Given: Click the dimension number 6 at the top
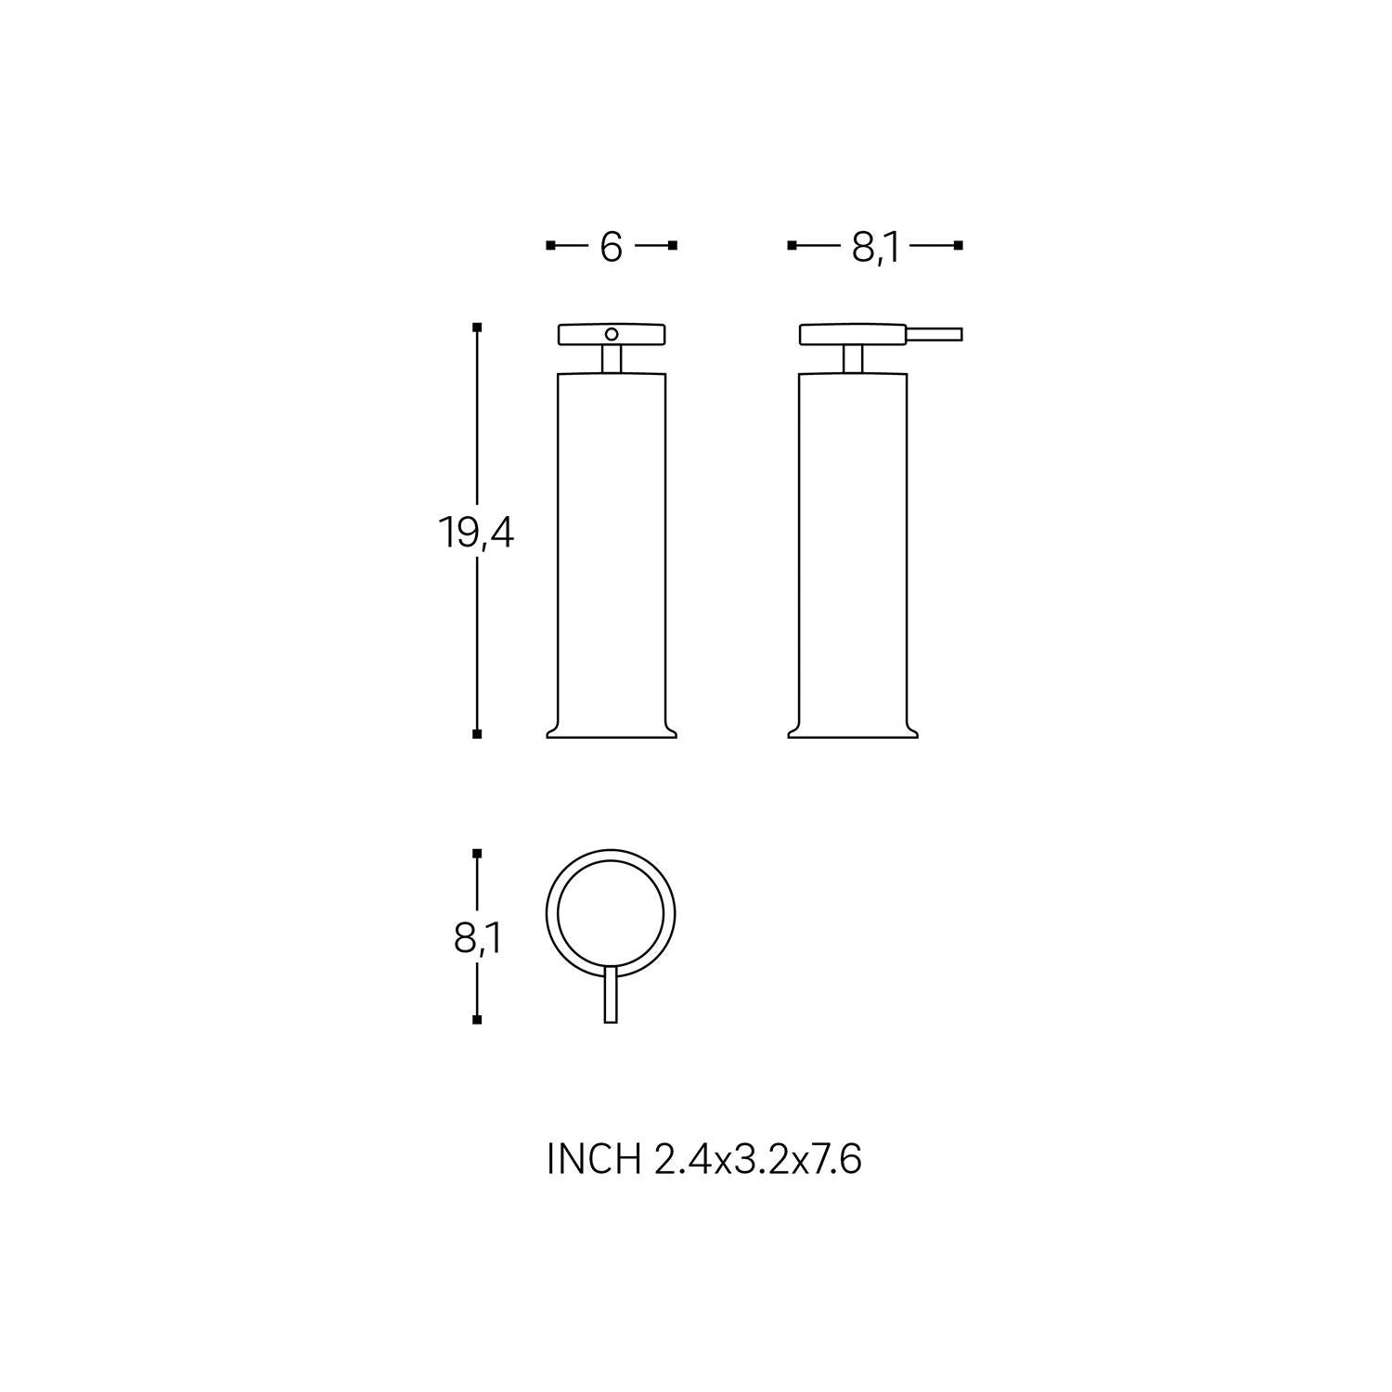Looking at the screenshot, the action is point(611,246).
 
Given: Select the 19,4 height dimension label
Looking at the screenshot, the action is point(475,534).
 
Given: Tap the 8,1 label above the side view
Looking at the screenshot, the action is point(875,247).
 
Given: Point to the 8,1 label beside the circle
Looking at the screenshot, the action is point(477,940).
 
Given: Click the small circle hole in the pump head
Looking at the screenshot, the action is point(611,334).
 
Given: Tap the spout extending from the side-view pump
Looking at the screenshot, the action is point(934,334).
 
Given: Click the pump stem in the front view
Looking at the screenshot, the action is point(611,359).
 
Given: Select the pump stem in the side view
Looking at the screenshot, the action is point(853,359).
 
